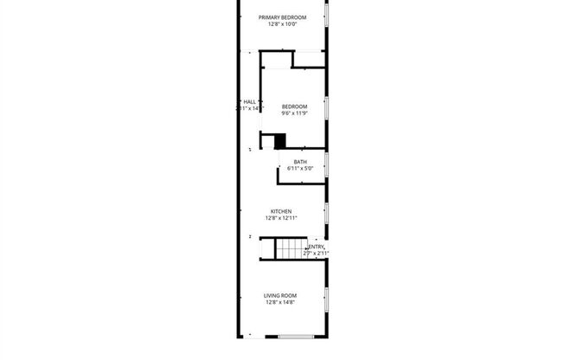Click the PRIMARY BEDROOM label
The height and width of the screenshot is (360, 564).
tap(282, 16)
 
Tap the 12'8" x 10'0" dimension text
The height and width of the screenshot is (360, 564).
tap(282, 24)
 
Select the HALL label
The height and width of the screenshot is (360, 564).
tap(249, 101)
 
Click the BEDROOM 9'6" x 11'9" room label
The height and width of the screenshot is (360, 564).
tap(294, 106)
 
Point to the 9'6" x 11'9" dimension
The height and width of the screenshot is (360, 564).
tap(294, 113)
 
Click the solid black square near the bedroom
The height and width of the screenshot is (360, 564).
tap(279, 140)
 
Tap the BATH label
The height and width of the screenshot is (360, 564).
tap(300, 162)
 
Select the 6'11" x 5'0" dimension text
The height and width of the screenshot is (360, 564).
tap(300, 169)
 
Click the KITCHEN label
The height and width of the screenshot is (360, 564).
tap(281, 211)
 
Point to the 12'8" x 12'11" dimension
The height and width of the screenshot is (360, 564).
tap(281, 218)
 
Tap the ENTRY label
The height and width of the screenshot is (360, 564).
tap(317, 247)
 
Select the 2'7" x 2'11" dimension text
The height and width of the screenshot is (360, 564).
tap(317, 254)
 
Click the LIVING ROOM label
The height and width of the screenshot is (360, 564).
tap(281, 296)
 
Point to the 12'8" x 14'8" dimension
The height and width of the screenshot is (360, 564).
tap(281, 303)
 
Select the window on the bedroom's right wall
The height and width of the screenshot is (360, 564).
tap(326, 107)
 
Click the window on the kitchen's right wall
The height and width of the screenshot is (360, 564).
tap(326, 211)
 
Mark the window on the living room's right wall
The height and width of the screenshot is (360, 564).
tap(326, 299)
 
